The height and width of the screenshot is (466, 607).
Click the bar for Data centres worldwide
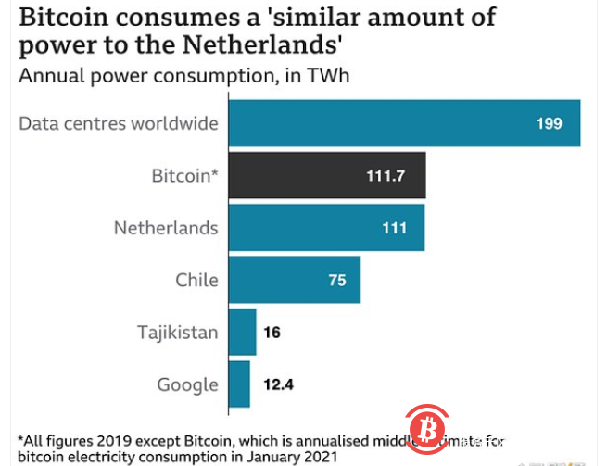tap(404, 123)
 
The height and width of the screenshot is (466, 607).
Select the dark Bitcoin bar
tap(327, 176)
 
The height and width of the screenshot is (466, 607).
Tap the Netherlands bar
tap(326, 228)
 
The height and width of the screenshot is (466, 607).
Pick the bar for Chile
tap(295, 281)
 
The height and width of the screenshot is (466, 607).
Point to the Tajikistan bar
tap(242, 333)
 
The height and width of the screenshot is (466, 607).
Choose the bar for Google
tap(239, 384)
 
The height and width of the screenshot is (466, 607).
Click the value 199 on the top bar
tap(549, 124)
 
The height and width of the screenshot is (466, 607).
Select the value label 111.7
tap(386, 176)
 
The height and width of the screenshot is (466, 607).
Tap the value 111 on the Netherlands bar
tap(394, 228)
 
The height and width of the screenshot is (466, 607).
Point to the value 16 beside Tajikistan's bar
tap(272, 333)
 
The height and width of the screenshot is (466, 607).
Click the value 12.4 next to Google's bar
tap(277, 384)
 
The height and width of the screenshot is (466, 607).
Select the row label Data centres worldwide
tap(119, 123)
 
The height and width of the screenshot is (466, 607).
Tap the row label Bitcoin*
tap(184, 176)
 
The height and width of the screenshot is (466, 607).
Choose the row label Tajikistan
tap(177, 333)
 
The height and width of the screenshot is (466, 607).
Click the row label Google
tap(188, 384)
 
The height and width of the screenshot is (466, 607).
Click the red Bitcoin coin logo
tap(427, 429)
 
